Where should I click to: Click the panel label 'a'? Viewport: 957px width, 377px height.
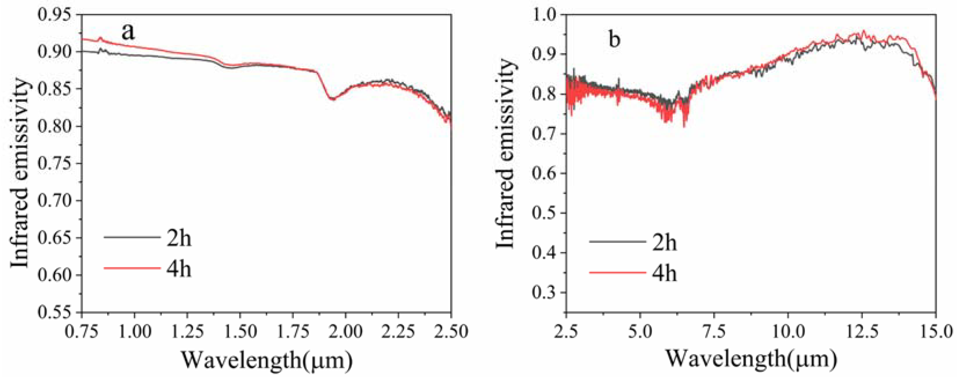128,32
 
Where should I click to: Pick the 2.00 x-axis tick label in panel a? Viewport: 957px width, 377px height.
345,331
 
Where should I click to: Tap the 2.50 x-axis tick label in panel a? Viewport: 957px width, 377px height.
451,331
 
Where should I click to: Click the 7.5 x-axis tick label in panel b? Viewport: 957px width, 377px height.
714,331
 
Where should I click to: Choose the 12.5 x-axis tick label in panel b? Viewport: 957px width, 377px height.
862,331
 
